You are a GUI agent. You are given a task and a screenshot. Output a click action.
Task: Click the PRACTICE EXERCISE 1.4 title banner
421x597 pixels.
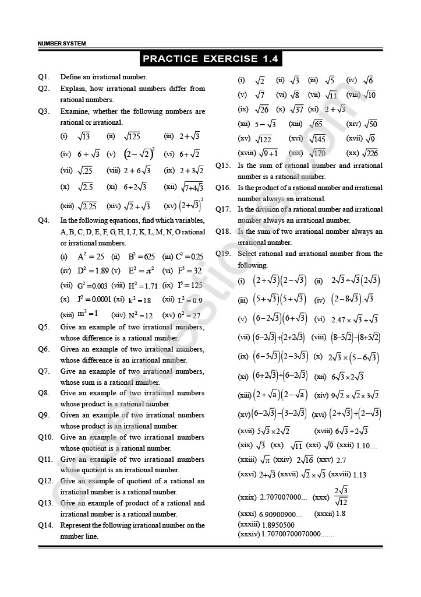point(211,58)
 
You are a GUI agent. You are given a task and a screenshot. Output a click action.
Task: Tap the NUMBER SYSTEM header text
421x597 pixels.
point(61,44)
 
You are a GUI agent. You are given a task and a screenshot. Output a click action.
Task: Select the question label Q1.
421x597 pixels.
point(44,77)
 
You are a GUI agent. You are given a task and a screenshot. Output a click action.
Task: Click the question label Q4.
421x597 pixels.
point(44,220)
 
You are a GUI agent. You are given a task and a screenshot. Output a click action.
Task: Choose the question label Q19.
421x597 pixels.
point(224,254)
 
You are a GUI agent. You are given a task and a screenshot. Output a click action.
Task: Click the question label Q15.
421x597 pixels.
point(224,166)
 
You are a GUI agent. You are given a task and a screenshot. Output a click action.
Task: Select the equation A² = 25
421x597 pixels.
point(90,257)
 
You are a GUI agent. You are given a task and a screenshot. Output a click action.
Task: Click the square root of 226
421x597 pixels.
point(370,153)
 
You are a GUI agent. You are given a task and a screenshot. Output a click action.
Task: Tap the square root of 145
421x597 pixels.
point(317,139)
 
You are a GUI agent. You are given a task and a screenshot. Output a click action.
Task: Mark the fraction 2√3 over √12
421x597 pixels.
point(341,496)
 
